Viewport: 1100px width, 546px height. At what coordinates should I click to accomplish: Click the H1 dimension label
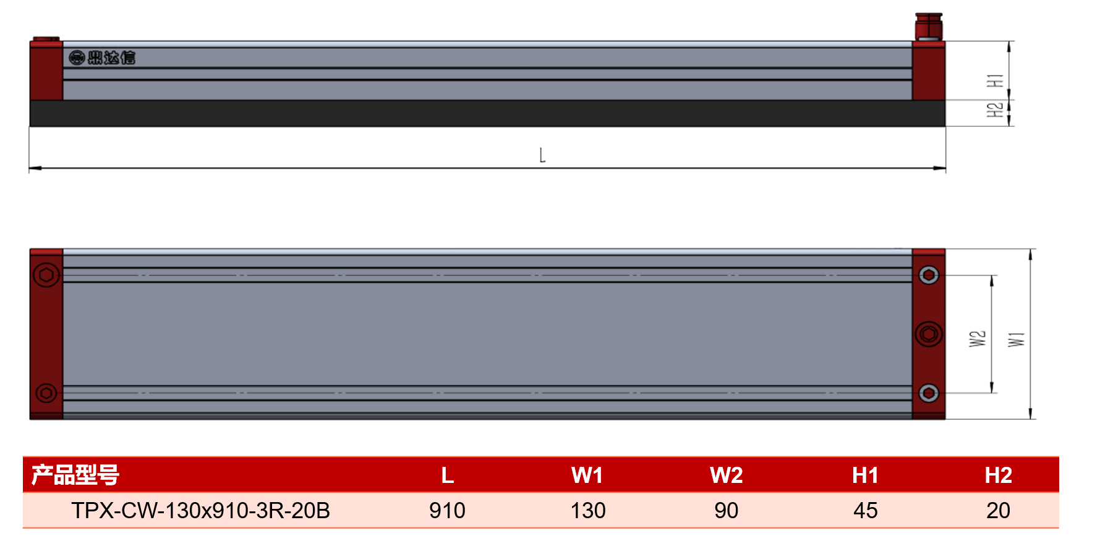(995, 80)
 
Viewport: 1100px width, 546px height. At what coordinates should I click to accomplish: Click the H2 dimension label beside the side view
(995, 110)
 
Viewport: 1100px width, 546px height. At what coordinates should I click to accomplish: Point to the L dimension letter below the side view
(542, 155)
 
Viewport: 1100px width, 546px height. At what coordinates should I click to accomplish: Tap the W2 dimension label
(978, 339)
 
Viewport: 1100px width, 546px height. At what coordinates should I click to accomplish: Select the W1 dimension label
(1017, 339)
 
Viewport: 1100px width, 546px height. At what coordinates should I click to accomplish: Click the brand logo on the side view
(102, 58)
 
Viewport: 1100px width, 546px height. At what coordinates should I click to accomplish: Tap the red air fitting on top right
(929, 26)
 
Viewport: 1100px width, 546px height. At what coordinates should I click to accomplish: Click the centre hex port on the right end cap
(929, 335)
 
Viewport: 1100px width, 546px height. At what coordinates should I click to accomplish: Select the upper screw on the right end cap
(929, 275)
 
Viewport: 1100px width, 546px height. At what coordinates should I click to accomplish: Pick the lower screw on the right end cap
(929, 393)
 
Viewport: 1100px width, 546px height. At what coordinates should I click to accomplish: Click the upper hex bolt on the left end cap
(46, 275)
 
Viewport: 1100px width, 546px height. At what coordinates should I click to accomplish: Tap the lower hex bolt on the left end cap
(46, 393)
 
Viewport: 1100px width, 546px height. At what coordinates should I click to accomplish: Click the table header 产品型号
(75, 475)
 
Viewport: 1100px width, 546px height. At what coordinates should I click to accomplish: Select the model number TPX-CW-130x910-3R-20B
(200, 511)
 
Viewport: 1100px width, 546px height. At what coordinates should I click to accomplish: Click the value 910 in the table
(447, 511)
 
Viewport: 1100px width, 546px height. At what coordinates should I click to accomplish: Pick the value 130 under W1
(588, 511)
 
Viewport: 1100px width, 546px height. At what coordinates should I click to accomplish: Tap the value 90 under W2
(727, 511)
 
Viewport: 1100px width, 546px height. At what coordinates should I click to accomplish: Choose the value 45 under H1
(866, 511)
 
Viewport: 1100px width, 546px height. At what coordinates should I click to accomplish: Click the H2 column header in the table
(999, 475)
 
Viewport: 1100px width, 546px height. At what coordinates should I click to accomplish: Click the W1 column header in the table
(587, 475)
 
